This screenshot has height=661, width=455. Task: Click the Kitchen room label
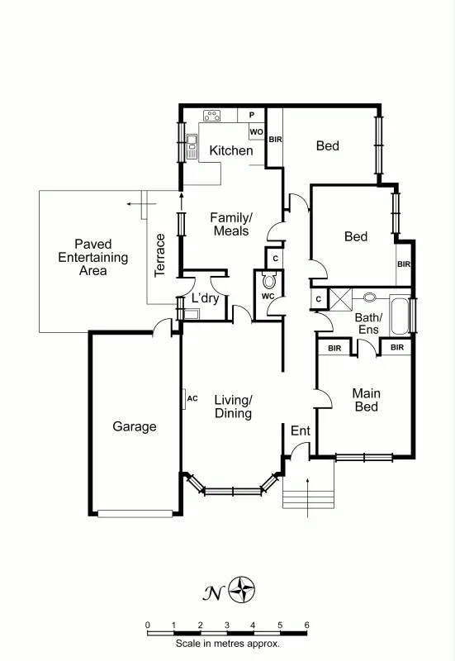tap(230, 150)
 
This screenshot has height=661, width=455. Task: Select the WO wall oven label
tap(256, 131)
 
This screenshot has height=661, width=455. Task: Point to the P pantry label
tap(252, 115)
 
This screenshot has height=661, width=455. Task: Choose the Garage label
tap(135, 426)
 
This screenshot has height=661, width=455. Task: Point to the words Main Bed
tap(365, 400)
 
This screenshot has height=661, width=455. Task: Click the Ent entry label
tap(300, 430)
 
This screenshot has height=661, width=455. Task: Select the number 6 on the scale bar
tap(306, 624)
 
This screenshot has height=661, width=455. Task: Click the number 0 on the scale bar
tap(147, 624)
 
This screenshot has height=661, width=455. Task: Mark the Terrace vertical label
tap(161, 255)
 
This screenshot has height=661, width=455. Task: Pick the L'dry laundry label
tap(205, 298)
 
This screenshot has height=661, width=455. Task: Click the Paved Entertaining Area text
tap(93, 257)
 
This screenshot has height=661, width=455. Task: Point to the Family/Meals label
tap(231, 224)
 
